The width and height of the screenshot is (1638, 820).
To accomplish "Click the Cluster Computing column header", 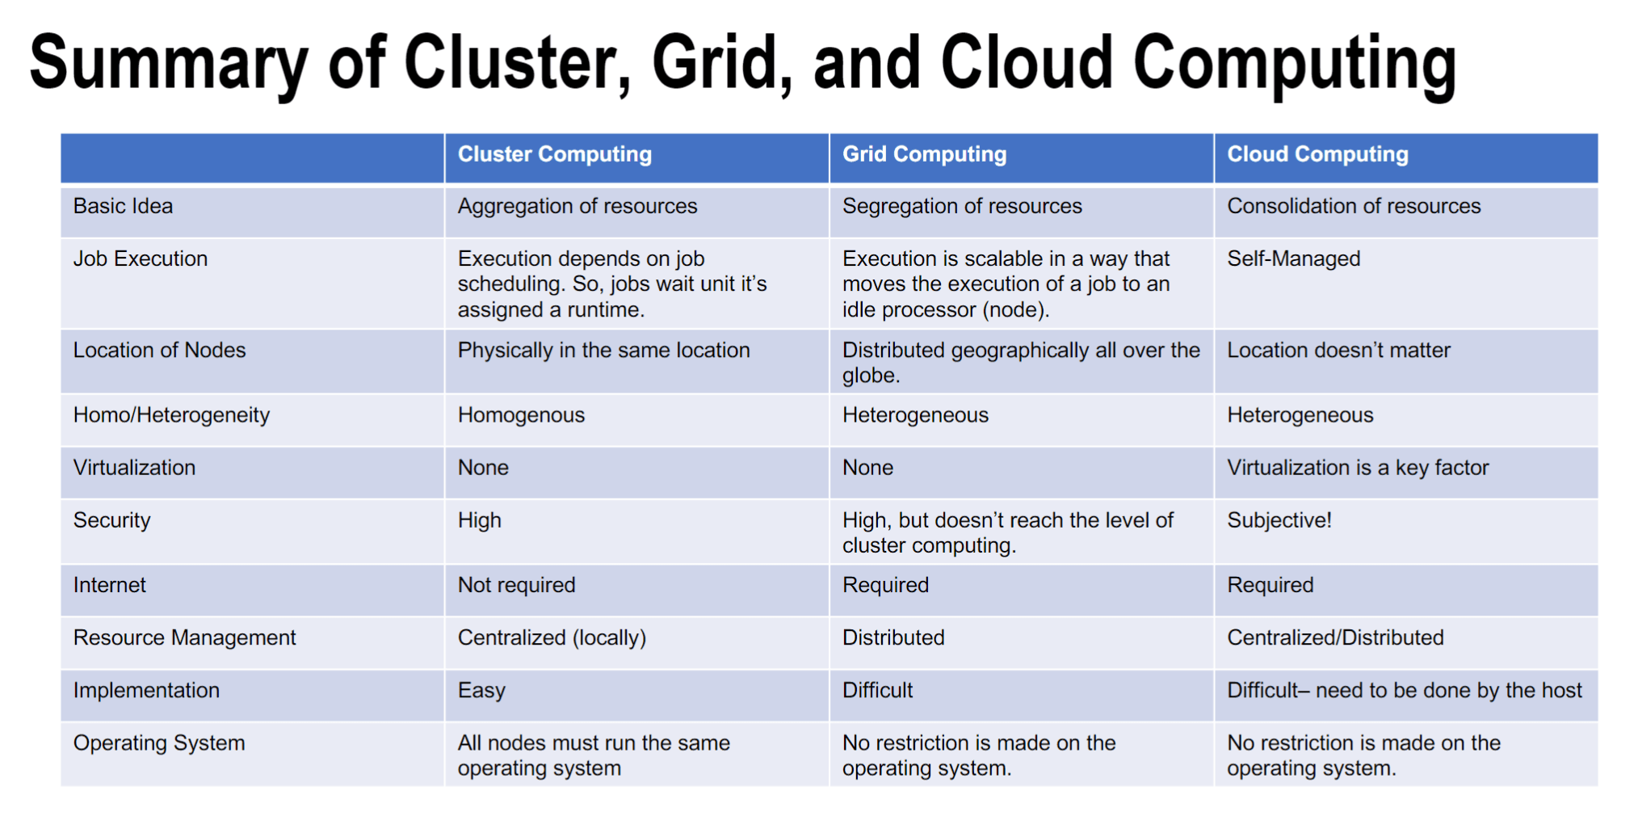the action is pyautogui.click(x=554, y=154).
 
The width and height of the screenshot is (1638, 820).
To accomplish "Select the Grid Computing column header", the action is pyautogui.click(x=924, y=154).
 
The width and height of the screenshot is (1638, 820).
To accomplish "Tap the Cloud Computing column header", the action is pyautogui.click(x=1317, y=154).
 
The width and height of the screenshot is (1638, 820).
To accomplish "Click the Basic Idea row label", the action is pyautogui.click(x=123, y=206).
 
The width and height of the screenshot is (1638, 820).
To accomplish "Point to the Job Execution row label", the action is pyautogui.click(x=141, y=259).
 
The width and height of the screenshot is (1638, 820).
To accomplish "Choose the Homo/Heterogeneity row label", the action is pyautogui.click(x=171, y=415).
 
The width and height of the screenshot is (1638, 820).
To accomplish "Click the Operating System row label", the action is pyautogui.click(x=159, y=743).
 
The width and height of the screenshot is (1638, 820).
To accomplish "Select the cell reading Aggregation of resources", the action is pyautogui.click(x=577, y=207).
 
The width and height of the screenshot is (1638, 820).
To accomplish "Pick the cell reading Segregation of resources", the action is pyautogui.click(x=962, y=207).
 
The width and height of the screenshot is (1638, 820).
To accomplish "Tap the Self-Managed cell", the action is pyautogui.click(x=1294, y=259).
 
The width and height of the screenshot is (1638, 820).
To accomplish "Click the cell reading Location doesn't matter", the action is pyautogui.click(x=1338, y=350).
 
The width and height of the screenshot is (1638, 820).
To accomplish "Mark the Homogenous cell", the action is pyautogui.click(x=521, y=415).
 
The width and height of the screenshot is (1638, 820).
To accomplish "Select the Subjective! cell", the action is pyautogui.click(x=1279, y=520).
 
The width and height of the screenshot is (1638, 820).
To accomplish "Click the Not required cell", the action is pyautogui.click(x=516, y=585).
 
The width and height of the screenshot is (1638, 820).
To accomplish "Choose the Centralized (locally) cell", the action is pyautogui.click(x=552, y=638).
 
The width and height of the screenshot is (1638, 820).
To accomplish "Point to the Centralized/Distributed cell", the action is pyautogui.click(x=1335, y=637).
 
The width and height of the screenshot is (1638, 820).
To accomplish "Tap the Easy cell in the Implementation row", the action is pyautogui.click(x=481, y=691).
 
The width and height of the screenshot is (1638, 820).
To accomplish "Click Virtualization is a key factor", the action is pyautogui.click(x=1358, y=468).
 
